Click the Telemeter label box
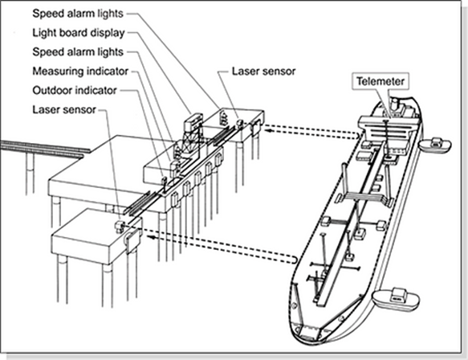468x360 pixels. (x=381, y=81)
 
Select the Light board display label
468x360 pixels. (x=79, y=33)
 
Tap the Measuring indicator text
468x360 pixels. (x=80, y=71)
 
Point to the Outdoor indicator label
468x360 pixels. (x=75, y=90)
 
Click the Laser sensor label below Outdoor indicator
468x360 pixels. (x=64, y=109)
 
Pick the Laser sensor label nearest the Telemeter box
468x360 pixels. (x=263, y=71)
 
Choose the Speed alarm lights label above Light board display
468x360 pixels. (x=78, y=14)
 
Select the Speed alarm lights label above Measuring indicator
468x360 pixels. (x=78, y=52)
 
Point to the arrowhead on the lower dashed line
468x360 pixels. (x=153, y=238)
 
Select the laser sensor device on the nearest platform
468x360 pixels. (x=120, y=227)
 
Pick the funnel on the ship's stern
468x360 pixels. (x=396, y=105)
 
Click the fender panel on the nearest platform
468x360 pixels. (x=132, y=240)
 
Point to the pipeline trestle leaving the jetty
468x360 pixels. (x=45, y=149)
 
